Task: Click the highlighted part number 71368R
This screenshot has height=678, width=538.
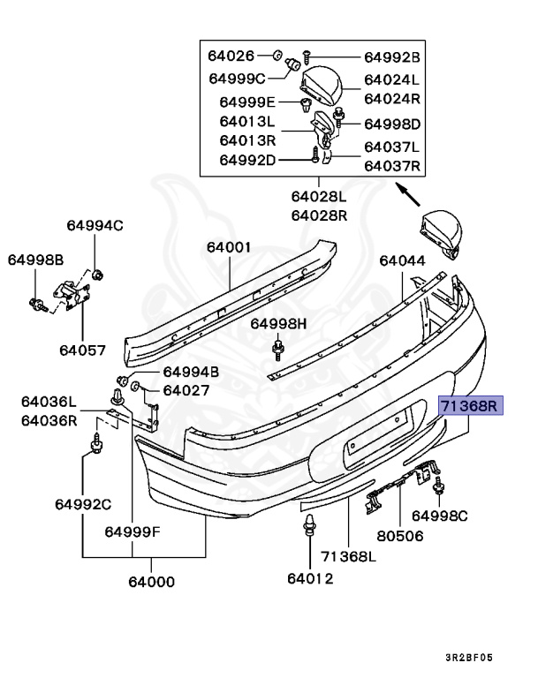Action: click(x=470, y=407)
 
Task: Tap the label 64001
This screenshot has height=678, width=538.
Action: click(x=230, y=248)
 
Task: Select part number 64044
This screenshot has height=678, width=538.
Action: click(x=402, y=261)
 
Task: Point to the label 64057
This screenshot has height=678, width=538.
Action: click(x=82, y=349)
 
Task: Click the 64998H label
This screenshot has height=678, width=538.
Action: click(x=278, y=324)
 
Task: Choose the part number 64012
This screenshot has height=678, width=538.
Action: click(x=310, y=578)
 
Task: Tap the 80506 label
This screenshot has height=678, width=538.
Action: click(x=399, y=536)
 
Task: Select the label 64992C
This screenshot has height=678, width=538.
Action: click(x=82, y=505)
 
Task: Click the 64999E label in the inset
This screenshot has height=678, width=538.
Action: click(x=248, y=102)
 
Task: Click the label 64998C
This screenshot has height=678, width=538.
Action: click(x=439, y=515)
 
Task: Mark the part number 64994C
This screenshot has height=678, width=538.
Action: click(x=95, y=225)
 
